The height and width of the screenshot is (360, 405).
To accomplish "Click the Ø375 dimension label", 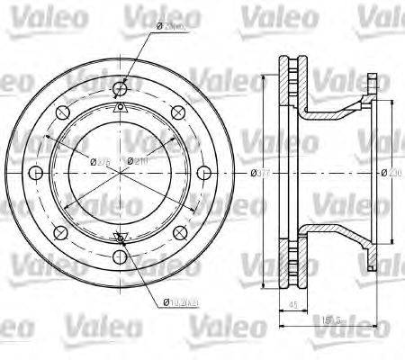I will (x=100, y=161).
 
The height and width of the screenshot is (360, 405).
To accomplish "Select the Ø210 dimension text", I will (x=138, y=161).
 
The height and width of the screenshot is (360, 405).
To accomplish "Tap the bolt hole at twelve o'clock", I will (x=121, y=87).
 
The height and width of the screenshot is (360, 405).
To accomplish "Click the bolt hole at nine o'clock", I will (x=35, y=174).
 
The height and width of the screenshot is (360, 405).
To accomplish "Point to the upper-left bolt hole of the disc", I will (x=59, y=112).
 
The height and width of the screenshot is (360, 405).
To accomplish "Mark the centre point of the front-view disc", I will (x=121, y=174).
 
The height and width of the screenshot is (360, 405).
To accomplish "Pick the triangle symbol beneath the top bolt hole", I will (x=121, y=107).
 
